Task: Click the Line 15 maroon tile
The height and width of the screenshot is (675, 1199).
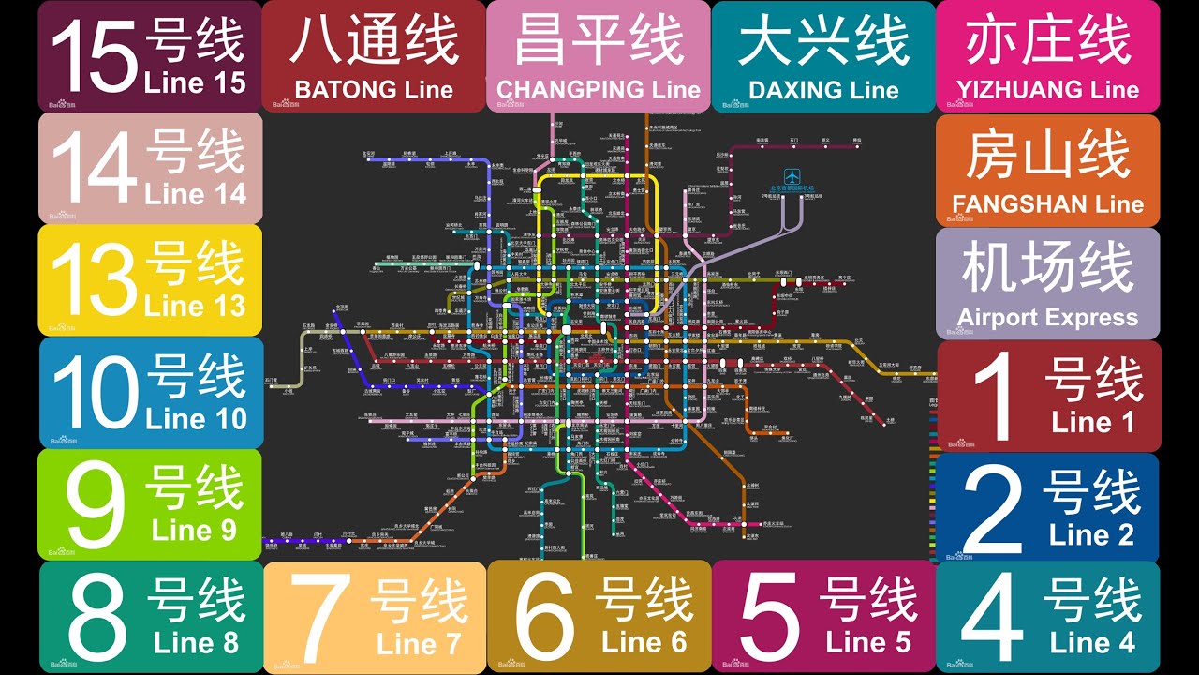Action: pos(150,56)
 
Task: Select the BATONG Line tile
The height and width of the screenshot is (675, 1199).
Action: pos(374,56)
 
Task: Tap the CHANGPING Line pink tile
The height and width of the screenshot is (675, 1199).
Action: pos(599,56)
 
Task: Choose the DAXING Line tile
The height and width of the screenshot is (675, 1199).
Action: pos(823,56)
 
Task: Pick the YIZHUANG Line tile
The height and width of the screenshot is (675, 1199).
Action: pos(1047,56)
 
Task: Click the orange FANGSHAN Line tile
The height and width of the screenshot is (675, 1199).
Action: pos(1047,170)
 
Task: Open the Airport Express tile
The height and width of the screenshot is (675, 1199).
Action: pos(1047,283)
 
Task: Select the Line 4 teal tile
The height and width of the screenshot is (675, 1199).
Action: pos(1047,617)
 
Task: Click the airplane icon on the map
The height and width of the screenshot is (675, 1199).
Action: pos(793,175)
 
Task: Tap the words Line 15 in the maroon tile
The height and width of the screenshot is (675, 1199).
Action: pos(195,82)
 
